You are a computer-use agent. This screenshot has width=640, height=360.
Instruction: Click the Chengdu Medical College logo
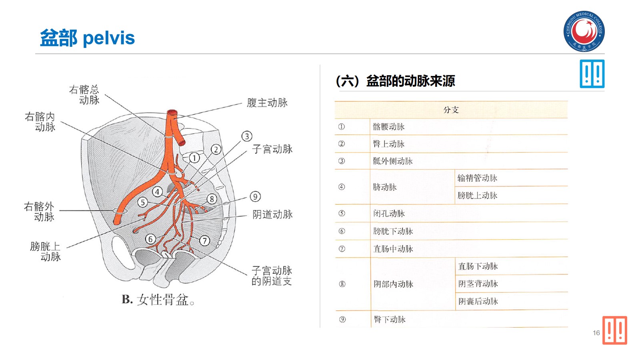click(584, 31)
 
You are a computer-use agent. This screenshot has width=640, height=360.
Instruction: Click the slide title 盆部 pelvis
click(88, 38)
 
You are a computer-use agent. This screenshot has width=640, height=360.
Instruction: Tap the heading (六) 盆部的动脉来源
click(395, 81)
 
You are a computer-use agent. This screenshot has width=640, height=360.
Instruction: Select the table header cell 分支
click(451, 110)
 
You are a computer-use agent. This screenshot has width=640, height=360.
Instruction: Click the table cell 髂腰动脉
click(389, 127)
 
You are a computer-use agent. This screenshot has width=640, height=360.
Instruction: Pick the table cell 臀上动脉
click(389, 144)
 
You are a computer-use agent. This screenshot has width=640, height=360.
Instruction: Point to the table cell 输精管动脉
click(477, 178)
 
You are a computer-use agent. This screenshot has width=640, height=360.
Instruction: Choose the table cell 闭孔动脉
click(389, 214)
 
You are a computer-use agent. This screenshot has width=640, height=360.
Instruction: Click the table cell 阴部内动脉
click(393, 284)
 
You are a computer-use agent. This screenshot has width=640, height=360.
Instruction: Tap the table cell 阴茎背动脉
click(478, 284)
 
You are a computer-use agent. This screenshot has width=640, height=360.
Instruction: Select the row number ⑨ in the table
click(342, 319)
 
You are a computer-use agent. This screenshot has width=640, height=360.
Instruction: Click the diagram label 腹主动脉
click(267, 103)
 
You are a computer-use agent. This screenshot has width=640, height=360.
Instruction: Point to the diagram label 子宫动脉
click(272, 149)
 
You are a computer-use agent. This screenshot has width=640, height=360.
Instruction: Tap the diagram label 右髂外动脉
click(40, 212)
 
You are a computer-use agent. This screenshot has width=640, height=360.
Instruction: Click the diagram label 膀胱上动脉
click(46, 251)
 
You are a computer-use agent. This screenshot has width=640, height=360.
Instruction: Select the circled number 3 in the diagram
click(247, 136)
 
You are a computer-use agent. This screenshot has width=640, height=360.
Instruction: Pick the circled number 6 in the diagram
click(150, 239)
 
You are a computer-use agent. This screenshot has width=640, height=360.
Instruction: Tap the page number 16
click(596, 333)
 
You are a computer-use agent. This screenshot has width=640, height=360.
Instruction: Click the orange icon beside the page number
click(615, 330)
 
